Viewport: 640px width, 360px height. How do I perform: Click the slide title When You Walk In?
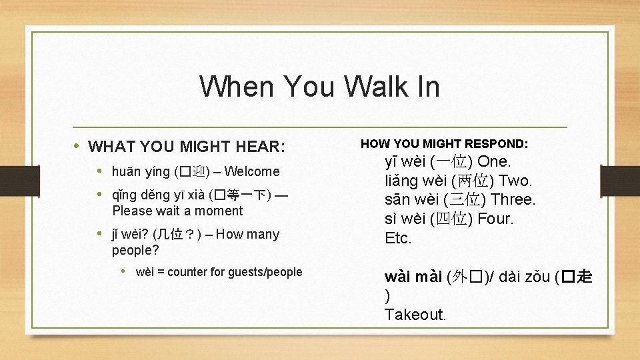(319, 87)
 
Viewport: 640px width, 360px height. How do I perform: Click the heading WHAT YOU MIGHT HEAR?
(187, 146)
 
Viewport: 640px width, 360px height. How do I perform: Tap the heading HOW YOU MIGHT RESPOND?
(444, 143)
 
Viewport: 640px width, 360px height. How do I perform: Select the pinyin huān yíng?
(141, 172)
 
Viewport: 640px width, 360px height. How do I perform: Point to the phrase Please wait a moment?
(177, 211)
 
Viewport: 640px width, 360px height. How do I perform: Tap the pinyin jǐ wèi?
(131, 234)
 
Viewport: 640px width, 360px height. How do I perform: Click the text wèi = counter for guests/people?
(219, 271)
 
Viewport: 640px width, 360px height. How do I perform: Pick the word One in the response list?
(493, 162)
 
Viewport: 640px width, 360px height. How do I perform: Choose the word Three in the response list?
(513, 200)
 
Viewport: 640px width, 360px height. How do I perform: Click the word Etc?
(399, 238)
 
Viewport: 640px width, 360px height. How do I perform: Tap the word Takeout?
(415, 314)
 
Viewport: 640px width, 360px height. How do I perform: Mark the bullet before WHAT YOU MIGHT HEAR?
(79, 145)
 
